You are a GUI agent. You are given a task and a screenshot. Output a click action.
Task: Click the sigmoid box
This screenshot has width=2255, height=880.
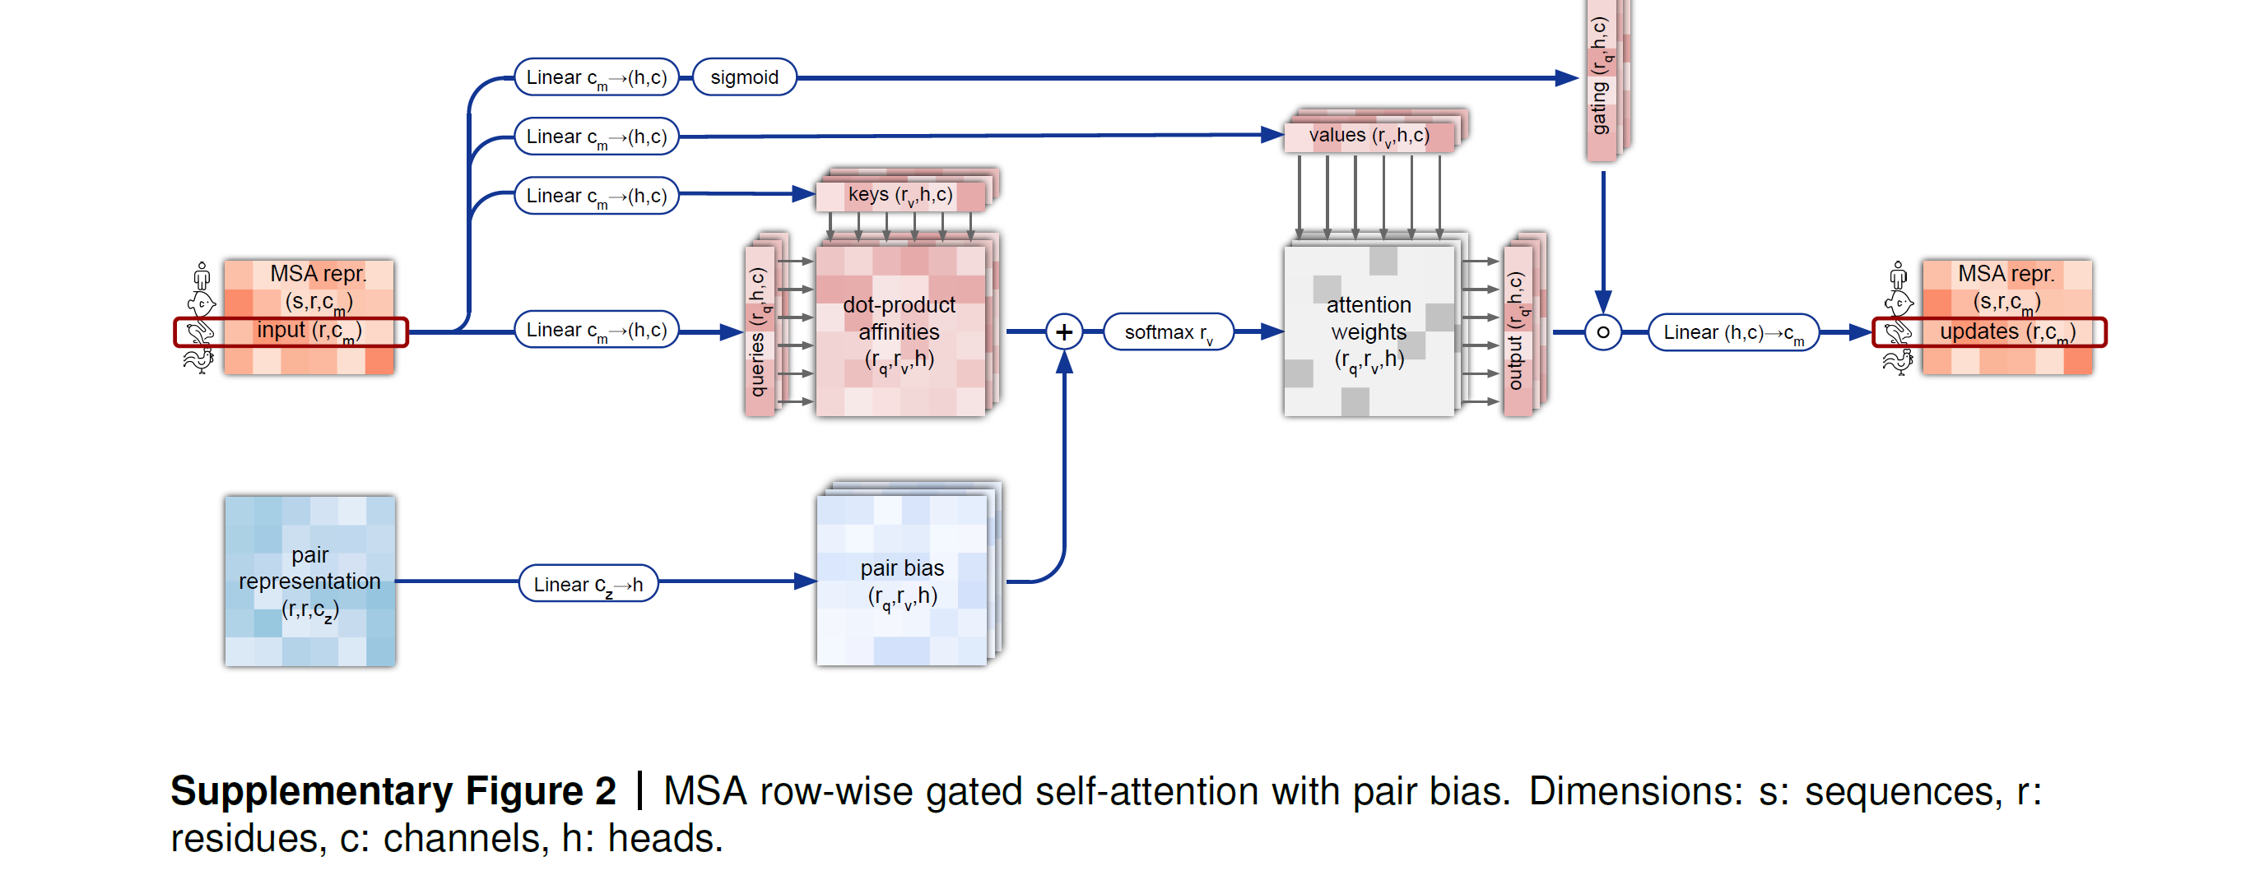point(744,77)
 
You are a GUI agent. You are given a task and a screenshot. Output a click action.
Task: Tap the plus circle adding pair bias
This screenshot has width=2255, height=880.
point(1063,332)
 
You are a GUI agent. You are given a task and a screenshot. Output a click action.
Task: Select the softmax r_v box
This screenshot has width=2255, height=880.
point(1169,332)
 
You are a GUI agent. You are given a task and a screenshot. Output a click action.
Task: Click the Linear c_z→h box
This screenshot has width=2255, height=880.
point(588,583)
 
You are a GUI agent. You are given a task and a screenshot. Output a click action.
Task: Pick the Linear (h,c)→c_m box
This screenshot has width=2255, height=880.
point(1732,332)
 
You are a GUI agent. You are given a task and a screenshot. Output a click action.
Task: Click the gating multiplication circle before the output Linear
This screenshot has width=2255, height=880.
point(1603,332)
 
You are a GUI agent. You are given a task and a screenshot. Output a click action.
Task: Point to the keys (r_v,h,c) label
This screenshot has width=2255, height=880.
point(900,195)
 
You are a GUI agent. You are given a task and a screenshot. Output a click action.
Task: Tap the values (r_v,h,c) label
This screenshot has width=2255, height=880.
point(1369,136)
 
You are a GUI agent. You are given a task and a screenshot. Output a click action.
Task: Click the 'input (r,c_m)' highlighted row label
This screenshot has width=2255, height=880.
point(309,331)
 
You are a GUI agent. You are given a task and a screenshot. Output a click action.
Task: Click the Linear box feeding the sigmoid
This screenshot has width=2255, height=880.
point(596,77)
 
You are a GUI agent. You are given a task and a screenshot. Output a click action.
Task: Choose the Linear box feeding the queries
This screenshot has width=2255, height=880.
point(596,330)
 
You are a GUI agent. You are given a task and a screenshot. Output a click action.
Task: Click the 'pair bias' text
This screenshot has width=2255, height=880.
point(902,568)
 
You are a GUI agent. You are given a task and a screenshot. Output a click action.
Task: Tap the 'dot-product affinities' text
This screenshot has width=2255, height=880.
point(899,318)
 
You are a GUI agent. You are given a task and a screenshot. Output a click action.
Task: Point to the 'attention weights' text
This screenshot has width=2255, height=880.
point(1369,318)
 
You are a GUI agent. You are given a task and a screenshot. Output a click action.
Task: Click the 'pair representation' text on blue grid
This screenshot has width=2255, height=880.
point(309,568)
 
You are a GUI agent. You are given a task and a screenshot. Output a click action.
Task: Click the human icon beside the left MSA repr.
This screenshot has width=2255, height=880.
point(202,276)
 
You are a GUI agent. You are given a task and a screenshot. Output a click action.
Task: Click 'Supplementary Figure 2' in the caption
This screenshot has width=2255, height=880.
point(393,791)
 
